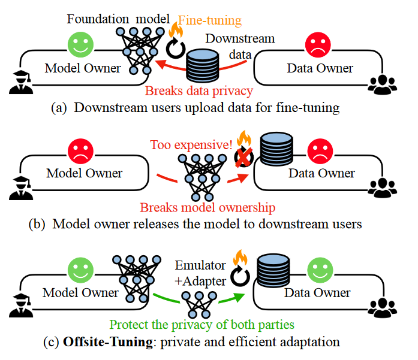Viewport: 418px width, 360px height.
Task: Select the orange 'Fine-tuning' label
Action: tap(213, 20)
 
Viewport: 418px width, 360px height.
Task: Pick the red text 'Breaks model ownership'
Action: tap(208, 208)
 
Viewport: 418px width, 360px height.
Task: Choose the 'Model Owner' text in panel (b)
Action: tap(85, 173)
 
